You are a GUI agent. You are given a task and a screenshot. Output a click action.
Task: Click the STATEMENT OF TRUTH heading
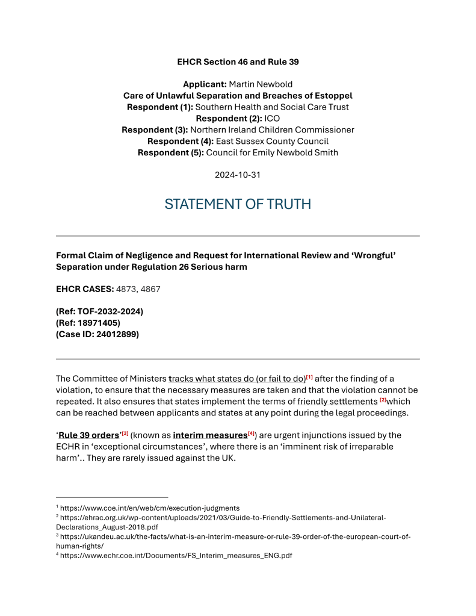point(238,204)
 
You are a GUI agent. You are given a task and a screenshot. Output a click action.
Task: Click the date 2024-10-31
point(238,175)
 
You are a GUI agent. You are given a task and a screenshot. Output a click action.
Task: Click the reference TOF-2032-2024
point(108,311)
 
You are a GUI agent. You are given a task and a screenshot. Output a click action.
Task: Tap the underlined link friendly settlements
point(337,401)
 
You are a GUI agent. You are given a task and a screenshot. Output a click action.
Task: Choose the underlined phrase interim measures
point(210,435)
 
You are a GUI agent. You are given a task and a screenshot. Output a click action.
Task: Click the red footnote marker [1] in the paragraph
point(309,377)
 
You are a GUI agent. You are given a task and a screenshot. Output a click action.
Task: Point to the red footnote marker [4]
point(252,434)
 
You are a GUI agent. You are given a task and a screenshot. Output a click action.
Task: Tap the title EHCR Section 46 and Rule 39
point(238,61)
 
